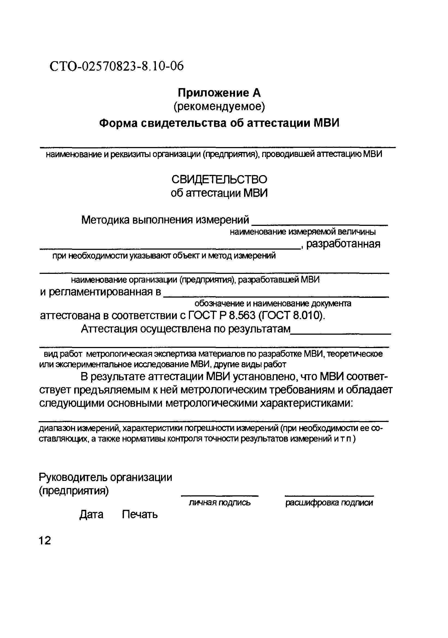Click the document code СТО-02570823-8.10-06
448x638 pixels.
coord(117,66)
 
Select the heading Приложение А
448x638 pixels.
coord(219,93)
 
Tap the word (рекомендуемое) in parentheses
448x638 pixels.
coord(219,107)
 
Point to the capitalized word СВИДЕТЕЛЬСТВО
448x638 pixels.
coord(219,180)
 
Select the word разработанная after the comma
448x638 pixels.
coord(343,244)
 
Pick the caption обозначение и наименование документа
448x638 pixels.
coord(273,303)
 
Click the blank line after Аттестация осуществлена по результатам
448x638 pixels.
coord(341,333)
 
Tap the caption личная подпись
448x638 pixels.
coord(220,503)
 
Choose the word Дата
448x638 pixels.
coord(91,515)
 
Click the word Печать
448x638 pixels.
coord(140,515)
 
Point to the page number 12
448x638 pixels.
coord(45,541)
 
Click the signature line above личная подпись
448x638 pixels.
coord(220,495)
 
